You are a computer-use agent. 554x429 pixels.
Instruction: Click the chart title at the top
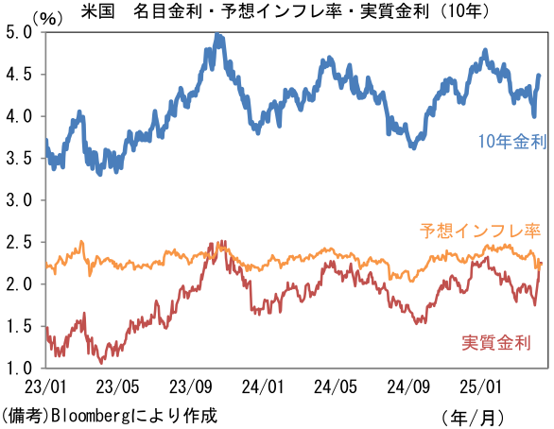pos(285,11)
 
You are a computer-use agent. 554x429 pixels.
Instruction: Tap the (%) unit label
pos(48,18)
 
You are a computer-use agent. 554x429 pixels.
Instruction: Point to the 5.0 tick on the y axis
pos(19,33)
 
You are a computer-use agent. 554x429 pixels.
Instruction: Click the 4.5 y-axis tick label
pos(19,75)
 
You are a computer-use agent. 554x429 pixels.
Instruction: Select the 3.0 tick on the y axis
pos(19,200)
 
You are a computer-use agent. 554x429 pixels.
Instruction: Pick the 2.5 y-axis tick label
pos(19,242)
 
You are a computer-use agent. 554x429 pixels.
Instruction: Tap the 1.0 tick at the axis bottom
pos(19,368)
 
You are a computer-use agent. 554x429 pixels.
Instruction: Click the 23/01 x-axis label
pos(45,386)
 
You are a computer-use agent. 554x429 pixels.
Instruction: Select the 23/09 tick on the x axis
pos(190,386)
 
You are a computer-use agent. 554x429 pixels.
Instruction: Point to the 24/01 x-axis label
pos(263,386)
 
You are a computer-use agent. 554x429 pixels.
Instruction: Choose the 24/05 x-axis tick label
pos(336,386)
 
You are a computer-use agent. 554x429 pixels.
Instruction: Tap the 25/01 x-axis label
pos(480,386)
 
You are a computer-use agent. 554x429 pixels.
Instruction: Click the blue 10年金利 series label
pos(512,141)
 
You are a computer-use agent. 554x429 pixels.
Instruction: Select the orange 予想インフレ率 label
pos(480,231)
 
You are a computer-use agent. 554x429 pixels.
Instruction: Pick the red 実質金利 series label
pos(496,342)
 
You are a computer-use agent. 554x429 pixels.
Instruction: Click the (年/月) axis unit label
pos(473,418)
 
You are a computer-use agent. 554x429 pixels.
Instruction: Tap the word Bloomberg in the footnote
pos(91,416)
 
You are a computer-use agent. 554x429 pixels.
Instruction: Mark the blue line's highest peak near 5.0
pos(217,34)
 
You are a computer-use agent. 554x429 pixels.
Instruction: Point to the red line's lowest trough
pos(101,362)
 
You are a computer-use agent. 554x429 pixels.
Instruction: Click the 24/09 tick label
pos(408,386)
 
